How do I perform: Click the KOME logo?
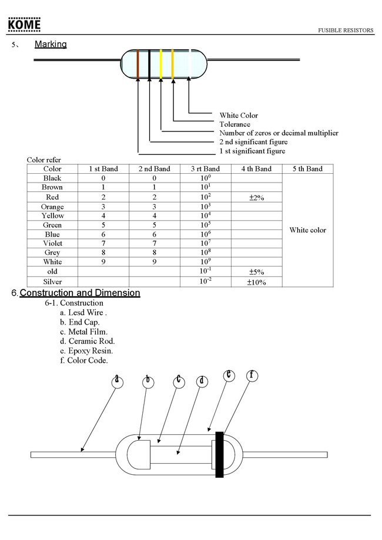(24, 25)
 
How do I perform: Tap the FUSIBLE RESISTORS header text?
(346, 31)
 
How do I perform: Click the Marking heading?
(51, 44)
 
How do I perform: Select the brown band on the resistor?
(138, 63)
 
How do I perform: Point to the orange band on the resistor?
(173, 63)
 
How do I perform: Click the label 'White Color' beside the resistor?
(239, 116)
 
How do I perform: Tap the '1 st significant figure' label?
(252, 151)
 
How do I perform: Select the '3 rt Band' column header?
(205, 169)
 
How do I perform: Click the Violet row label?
(52, 243)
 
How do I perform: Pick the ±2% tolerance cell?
(257, 198)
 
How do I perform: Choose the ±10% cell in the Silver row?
(257, 282)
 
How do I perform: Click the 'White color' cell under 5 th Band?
(307, 230)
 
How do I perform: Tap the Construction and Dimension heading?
(80, 293)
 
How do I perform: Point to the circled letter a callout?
(118, 380)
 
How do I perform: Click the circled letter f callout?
(252, 375)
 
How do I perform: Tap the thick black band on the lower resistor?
(220, 454)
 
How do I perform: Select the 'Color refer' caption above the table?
(44, 160)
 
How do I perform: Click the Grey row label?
(52, 252)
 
